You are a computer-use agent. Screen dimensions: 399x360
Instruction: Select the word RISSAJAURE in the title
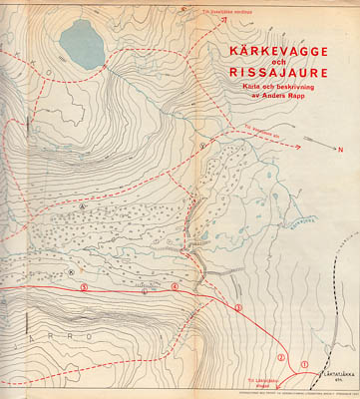point(277,72)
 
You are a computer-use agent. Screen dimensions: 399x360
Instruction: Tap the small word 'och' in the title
point(277,60)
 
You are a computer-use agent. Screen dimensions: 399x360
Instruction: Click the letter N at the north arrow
point(339,150)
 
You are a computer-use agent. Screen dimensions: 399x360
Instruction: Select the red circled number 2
point(281,356)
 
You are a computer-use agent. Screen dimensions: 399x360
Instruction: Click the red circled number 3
point(238,307)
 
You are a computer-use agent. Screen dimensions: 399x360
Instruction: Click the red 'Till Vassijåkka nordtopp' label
point(223,14)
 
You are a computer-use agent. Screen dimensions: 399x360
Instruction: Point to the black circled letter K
point(71,268)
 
